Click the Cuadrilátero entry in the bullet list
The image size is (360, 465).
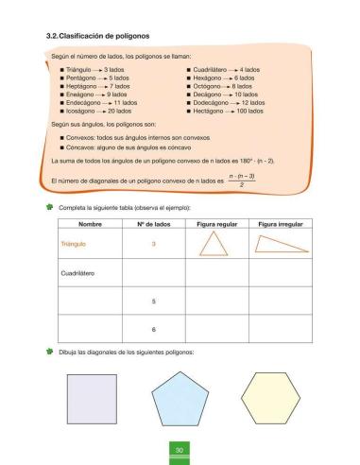click(210, 69)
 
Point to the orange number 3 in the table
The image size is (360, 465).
click(153, 244)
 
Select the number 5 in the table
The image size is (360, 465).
click(153, 301)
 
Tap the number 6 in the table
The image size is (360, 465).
click(153, 329)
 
